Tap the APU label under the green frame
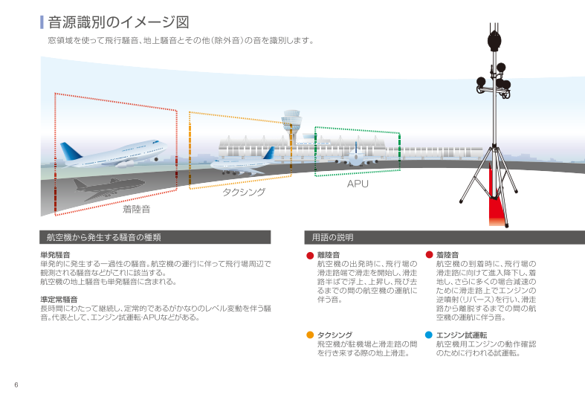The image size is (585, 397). click(x=358, y=183)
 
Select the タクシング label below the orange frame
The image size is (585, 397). click(x=244, y=192)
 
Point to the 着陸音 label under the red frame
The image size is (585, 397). click(x=136, y=209)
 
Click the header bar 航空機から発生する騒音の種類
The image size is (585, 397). click(x=155, y=238)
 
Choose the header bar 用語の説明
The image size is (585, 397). click(x=444, y=238)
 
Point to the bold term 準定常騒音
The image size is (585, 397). click(x=59, y=300)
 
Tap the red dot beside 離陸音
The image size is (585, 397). click(x=311, y=255)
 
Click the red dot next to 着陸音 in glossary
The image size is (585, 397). click(x=429, y=255)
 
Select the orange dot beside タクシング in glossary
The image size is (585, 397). click(x=311, y=335)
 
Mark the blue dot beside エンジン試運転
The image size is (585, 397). click(x=429, y=335)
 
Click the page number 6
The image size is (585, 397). click(x=16, y=384)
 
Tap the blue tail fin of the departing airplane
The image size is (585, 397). click(x=72, y=152)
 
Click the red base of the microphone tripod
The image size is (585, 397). click(x=496, y=213)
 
